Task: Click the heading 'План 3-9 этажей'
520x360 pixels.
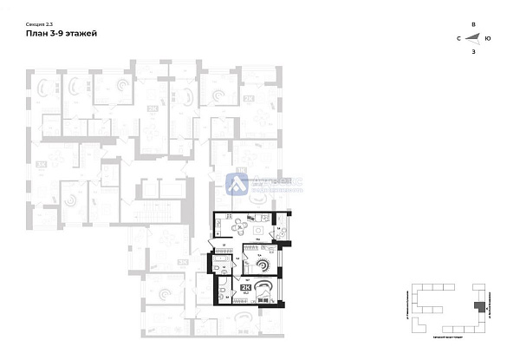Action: (62, 33)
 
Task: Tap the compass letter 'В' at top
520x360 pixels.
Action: (472, 23)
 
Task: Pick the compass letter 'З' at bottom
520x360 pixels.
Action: (472, 52)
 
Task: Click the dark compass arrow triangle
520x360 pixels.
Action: (474, 37)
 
